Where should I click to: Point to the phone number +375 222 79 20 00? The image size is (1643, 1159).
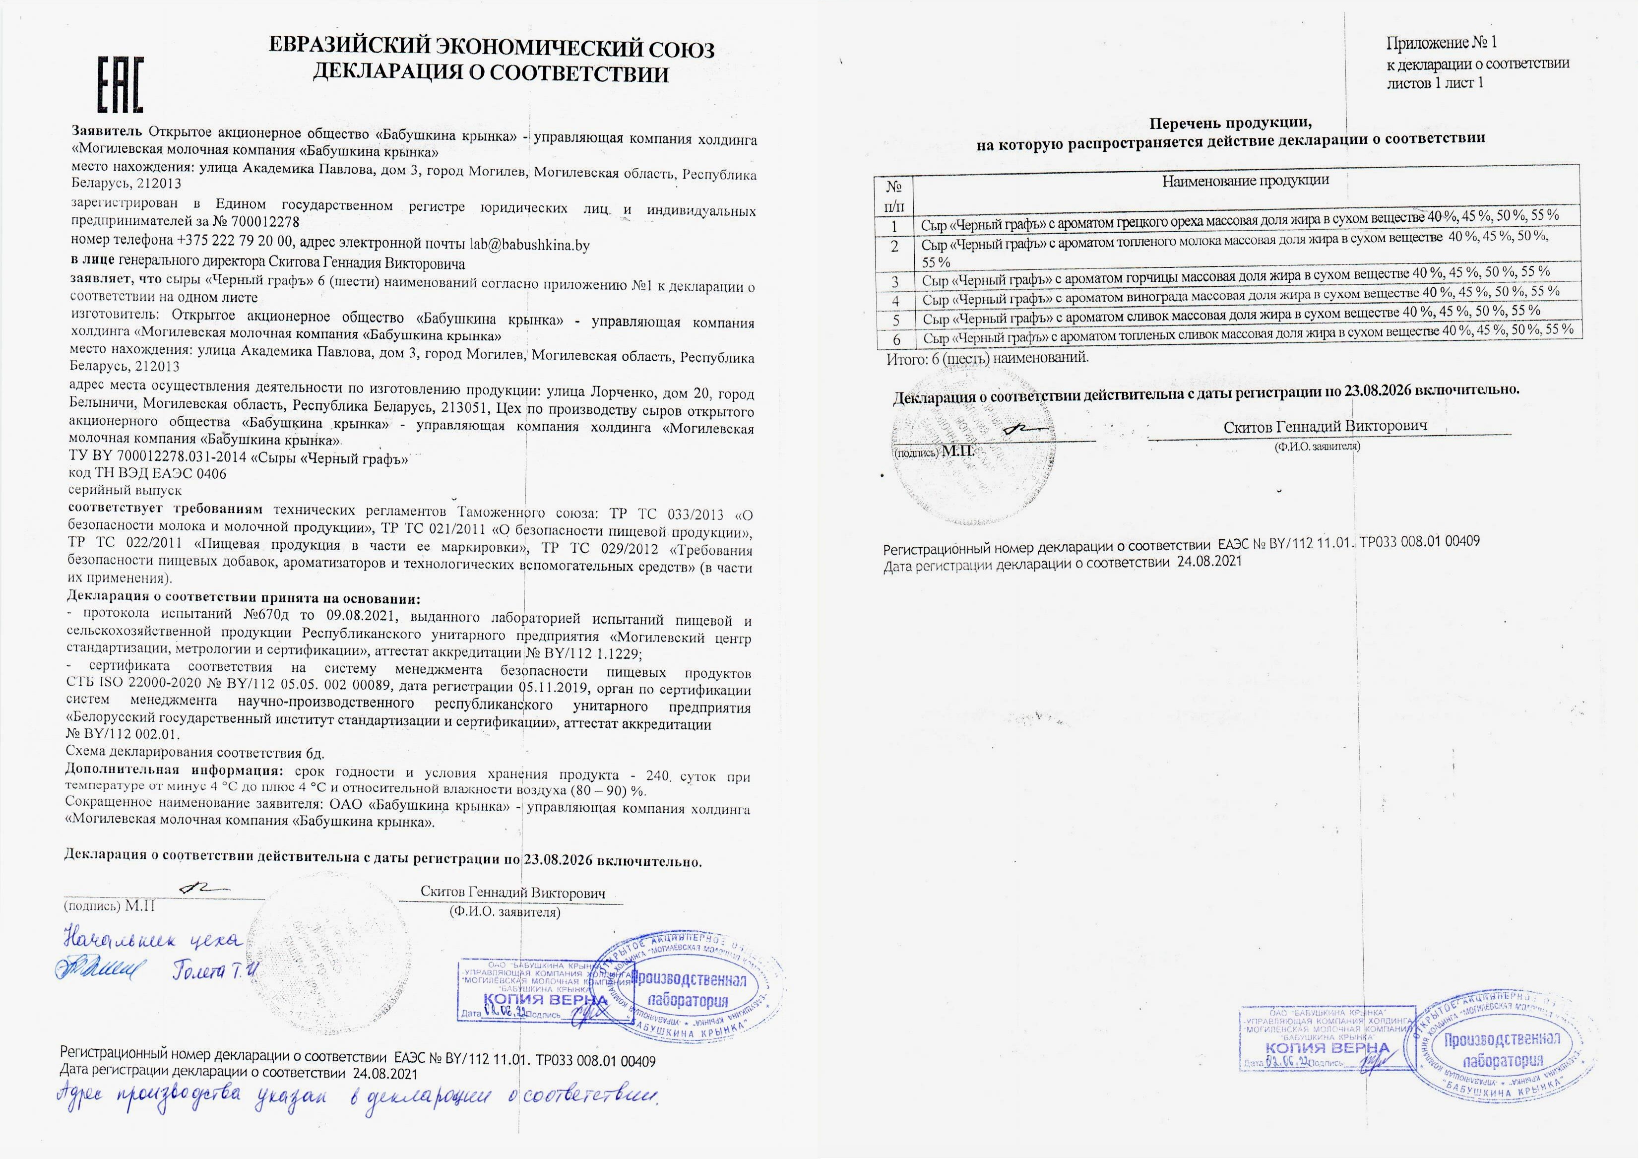tap(235, 241)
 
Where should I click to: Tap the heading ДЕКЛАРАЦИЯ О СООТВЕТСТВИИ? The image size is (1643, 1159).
tap(491, 73)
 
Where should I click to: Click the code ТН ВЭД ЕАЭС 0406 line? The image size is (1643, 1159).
tap(147, 473)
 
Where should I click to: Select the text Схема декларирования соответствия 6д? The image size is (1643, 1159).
tap(194, 752)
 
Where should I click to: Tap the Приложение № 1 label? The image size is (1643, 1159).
tap(1441, 43)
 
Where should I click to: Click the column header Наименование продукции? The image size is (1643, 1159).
tap(1245, 181)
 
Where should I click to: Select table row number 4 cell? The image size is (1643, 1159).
tap(895, 301)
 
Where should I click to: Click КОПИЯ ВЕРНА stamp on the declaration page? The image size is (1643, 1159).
tap(545, 999)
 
